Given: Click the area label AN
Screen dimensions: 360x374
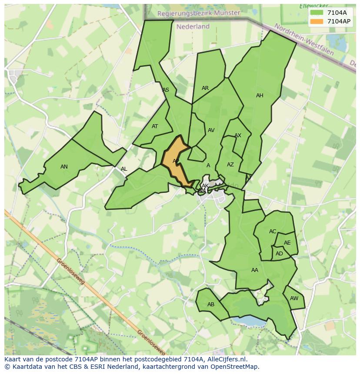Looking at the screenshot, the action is [x=64, y=167].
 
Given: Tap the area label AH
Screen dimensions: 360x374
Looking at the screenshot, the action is [x=260, y=96].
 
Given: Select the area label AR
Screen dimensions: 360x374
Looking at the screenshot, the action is [x=205, y=88].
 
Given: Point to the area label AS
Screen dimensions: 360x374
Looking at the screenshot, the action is [x=166, y=90].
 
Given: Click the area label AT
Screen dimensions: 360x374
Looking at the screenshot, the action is [x=155, y=127].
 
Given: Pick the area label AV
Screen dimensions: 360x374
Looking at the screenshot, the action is [x=211, y=130].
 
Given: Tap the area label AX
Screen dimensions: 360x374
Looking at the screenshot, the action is [x=238, y=136].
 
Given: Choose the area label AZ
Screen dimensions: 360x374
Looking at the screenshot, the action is [x=230, y=165].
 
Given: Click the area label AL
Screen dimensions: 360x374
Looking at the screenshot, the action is [x=124, y=169].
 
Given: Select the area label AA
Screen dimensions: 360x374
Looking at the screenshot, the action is [x=255, y=270].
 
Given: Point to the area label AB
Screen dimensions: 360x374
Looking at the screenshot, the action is [x=211, y=304].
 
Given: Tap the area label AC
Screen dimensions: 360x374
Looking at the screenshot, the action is [x=273, y=232].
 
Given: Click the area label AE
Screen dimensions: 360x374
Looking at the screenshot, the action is [x=287, y=243].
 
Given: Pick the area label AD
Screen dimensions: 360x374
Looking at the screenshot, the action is [x=279, y=254].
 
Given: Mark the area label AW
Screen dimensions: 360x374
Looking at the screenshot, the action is [x=294, y=298].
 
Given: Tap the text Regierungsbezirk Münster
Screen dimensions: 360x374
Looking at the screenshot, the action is [x=199, y=13].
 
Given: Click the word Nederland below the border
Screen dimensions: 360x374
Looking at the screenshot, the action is [x=193, y=26].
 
